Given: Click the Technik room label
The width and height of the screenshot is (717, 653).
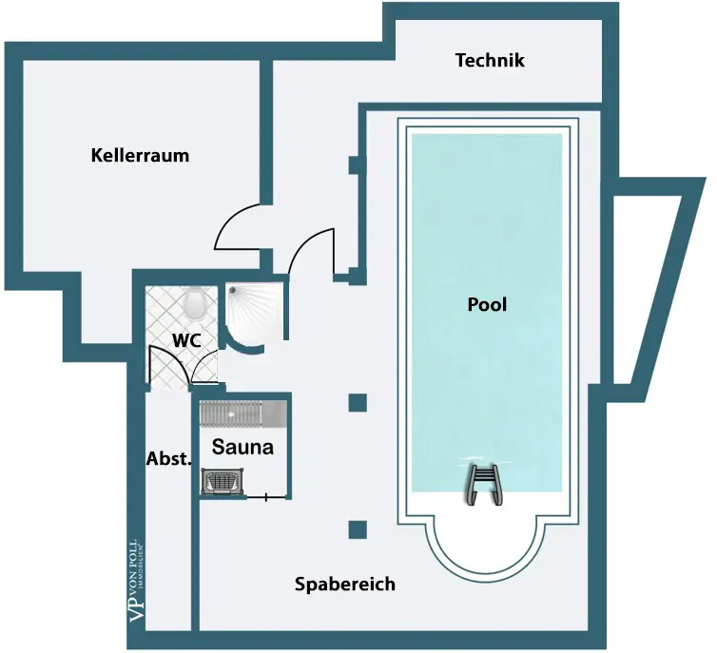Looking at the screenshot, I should pos(490,61).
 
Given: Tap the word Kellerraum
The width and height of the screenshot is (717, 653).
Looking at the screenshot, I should pos(140,155).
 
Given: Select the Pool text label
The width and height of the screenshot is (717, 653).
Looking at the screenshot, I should pos(487,305).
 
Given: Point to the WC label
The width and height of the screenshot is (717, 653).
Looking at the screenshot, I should pos(185,339).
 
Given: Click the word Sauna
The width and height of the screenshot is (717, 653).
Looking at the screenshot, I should pos(242,447).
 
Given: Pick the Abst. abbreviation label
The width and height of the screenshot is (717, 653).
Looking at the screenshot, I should pos(168,458).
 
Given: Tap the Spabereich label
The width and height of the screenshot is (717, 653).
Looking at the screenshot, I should pos(344,585).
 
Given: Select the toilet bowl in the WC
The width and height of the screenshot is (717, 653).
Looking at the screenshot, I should pos(197,303).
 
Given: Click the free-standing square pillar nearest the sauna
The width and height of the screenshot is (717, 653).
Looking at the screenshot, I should pos(358,402).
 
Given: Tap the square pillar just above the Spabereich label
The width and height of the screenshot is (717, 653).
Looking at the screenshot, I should pos(358,529).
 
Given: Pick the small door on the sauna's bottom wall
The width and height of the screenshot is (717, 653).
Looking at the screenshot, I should pos(266,496).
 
